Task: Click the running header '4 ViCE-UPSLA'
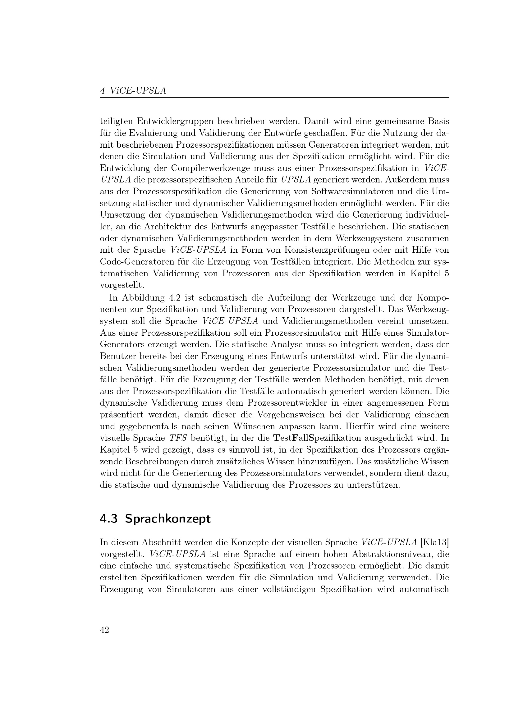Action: click(133, 91)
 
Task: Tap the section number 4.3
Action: click(108, 519)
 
